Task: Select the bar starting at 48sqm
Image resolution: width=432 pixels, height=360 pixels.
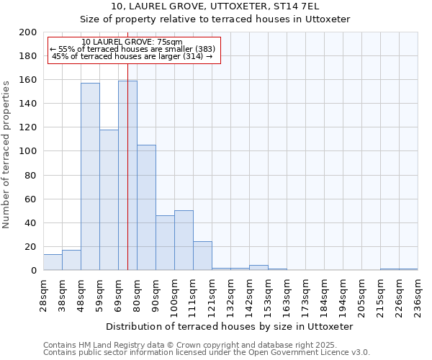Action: (90, 176)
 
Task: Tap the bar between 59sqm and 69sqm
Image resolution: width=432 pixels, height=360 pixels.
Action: (109, 199)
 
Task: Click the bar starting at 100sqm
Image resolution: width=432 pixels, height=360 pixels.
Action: (184, 240)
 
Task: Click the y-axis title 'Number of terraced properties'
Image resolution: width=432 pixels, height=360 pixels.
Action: (7, 154)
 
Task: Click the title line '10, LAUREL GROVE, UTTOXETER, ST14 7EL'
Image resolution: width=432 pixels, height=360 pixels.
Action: (215, 6)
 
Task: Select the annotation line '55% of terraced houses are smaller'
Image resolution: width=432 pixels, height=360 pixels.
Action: (132, 49)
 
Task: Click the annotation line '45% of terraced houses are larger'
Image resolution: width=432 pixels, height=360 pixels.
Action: (132, 56)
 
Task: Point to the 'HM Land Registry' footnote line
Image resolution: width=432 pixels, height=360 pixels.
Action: (206, 345)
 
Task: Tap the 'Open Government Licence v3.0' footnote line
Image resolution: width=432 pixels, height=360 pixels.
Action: (206, 353)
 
